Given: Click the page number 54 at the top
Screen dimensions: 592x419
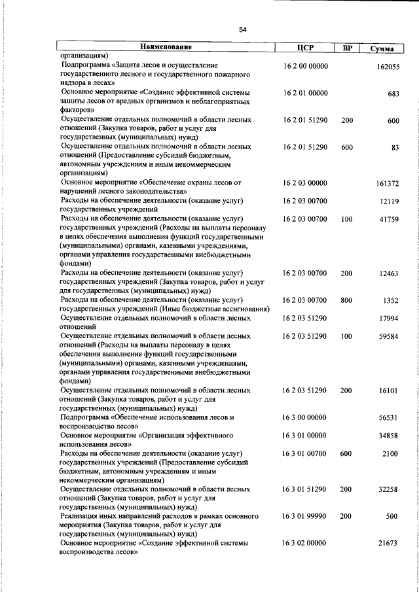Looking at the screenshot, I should coord(243,29).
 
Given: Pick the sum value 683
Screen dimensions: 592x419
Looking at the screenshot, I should coord(393,94).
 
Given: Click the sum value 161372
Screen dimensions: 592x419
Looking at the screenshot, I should coord(388,184).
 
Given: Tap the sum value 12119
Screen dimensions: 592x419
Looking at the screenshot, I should coord(389,202).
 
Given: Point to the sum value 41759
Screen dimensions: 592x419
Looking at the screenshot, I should coord(389,220).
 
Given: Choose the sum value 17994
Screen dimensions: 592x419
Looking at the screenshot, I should coord(389,319).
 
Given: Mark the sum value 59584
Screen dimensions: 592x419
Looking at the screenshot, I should coord(389,337).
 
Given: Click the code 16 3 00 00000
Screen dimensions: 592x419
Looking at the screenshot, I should coord(305,417).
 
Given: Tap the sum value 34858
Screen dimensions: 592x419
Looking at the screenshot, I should coord(389,436).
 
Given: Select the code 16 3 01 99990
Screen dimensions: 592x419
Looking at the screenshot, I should coord(305,515).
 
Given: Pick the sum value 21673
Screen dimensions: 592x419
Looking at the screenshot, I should coord(389,544).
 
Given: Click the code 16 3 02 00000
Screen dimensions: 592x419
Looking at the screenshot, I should coord(305,543).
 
